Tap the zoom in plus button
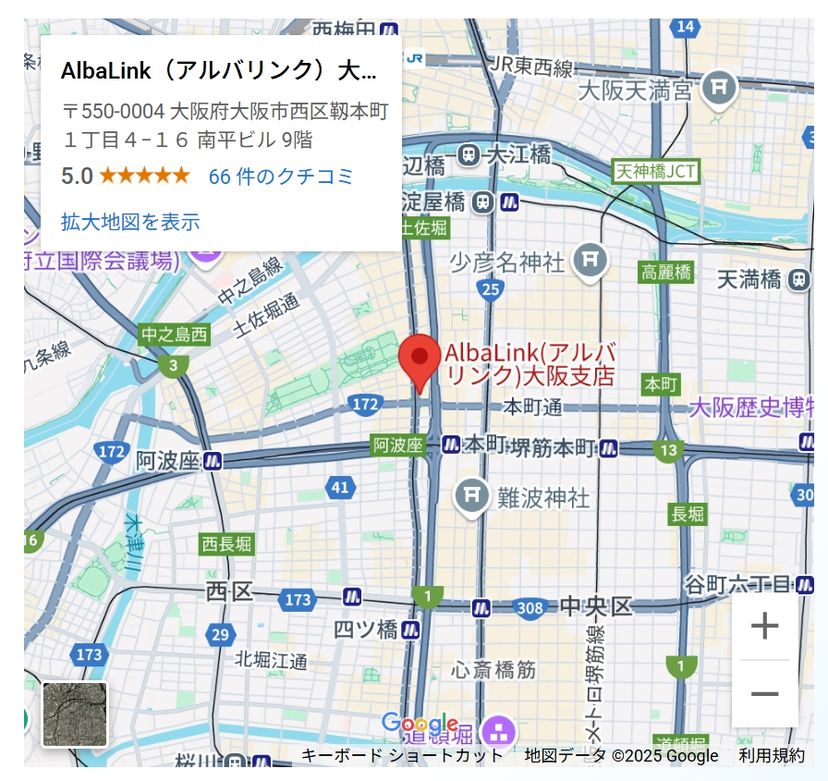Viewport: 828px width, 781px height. pos(764,627)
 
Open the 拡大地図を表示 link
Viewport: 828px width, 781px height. pos(130,222)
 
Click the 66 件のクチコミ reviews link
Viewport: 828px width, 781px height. pos(281,177)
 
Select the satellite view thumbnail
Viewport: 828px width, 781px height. pos(75,714)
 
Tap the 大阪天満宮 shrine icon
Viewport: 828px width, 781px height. pos(718,89)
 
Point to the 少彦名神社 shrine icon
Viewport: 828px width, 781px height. pos(589,262)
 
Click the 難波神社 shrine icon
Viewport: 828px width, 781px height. pos(472,497)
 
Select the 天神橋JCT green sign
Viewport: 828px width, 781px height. pos(655,171)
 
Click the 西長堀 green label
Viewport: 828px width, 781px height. pos(226,543)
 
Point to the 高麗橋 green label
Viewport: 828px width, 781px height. pos(666,272)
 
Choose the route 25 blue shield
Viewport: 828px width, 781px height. pos(491,290)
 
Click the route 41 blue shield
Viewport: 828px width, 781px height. pos(340,487)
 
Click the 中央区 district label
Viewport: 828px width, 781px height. pos(596,606)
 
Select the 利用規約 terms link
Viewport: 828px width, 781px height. pos(771,755)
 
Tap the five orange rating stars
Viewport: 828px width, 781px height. pos(144,176)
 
